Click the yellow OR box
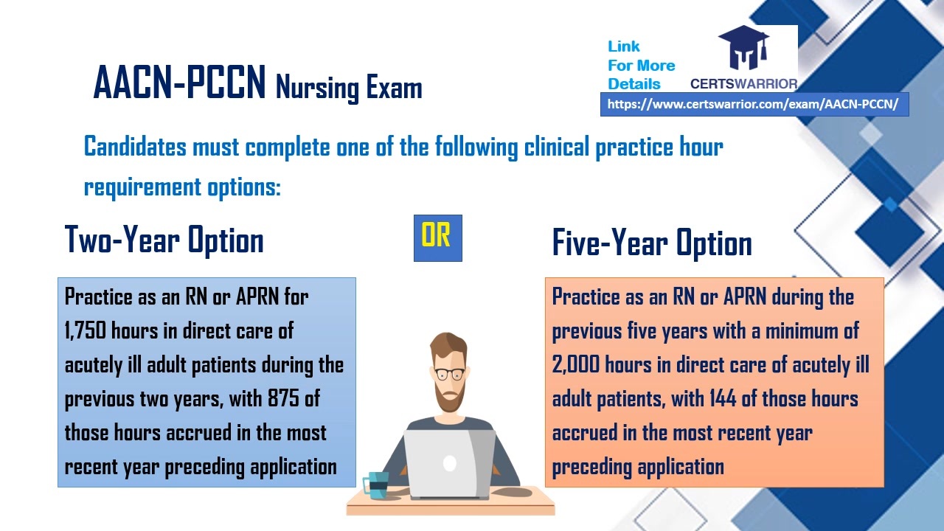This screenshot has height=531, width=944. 437,237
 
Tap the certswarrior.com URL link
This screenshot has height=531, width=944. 754,105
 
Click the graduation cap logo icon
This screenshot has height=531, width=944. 743,49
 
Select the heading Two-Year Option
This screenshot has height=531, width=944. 164,240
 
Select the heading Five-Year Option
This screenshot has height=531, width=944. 651,243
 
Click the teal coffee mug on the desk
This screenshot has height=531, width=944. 376,485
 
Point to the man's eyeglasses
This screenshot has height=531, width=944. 449,373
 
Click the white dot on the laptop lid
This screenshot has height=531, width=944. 449,463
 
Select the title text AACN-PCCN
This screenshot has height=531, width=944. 179,83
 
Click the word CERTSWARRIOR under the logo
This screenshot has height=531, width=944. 743,84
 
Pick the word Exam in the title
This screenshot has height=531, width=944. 394,88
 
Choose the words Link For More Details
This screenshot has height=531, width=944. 640,65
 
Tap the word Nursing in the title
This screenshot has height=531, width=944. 316,88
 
